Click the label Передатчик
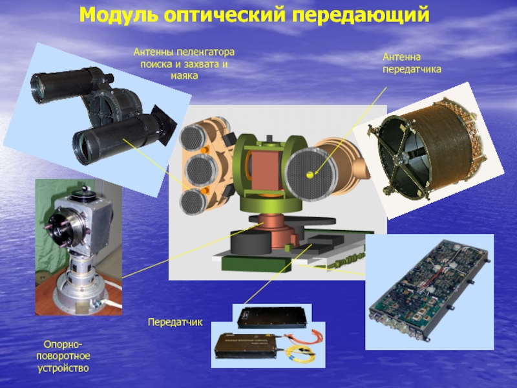(x=175, y=322)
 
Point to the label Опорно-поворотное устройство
(x=63, y=356)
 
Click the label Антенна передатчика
(x=412, y=63)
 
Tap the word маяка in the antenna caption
(x=184, y=76)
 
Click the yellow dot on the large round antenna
(x=310, y=175)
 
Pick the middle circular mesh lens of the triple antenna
(x=201, y=170)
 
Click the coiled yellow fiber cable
(x=301, y=353)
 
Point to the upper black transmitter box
(x=271, y=318)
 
